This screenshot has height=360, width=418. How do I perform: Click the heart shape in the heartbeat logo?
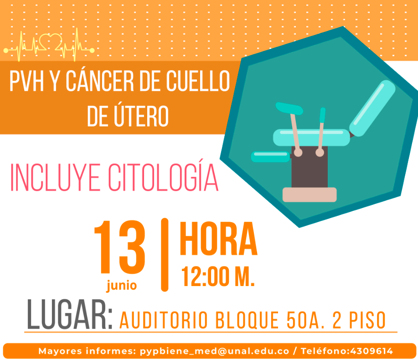(51, 42)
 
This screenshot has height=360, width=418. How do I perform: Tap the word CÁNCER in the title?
(100, 81)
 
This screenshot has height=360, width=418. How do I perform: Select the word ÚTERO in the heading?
(141, 115)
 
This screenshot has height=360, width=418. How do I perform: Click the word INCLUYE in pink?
(55, 177)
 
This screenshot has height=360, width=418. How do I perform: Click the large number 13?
(120, 247)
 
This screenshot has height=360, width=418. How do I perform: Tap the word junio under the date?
(122, 285)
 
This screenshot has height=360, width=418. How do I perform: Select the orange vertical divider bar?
(165, 255)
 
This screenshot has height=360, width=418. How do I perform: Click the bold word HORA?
(219, 239)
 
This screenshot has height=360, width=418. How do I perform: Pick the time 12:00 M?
(218, 276)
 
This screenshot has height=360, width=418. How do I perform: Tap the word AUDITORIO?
(163, 320)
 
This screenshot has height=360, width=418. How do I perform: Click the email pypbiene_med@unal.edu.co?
(215, 351)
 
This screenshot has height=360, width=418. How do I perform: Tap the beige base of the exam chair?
(310, 194)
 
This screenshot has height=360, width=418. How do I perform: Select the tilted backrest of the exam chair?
(372, 108)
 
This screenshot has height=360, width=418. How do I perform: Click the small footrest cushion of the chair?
(271, 157)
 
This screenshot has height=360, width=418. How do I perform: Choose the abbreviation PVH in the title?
(26, 81)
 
